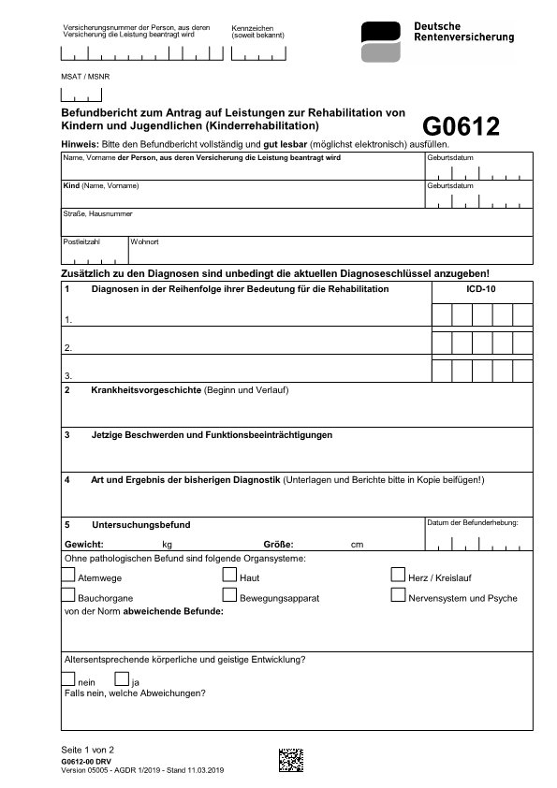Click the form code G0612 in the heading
461,126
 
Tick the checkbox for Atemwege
68,576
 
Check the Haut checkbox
229,576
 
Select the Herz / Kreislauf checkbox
398,576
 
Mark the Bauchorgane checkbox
68,595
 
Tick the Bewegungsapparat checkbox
229,595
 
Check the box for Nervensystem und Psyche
398,595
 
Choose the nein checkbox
68,679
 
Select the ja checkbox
122,679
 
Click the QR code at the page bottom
291,760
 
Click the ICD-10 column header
481,290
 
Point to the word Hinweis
79,144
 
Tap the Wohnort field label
145,242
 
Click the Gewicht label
83,544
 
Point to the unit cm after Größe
357,545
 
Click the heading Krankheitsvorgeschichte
146,389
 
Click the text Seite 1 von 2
87,751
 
